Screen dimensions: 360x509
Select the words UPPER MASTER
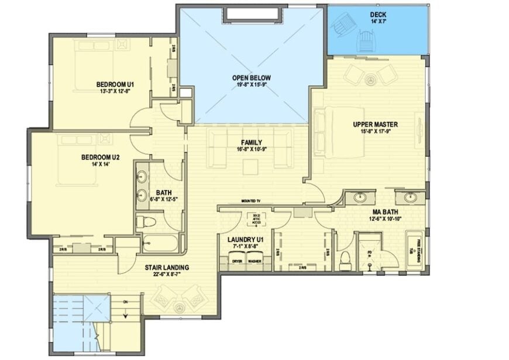[x=375, y=124]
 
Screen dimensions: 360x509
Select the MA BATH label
[x=385, y=211]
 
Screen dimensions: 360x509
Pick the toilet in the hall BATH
[x=145, y=223]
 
